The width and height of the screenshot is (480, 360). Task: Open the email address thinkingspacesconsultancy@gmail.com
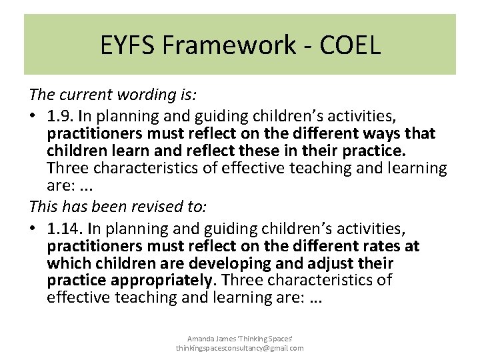pyautogui.click(x=240, y=348)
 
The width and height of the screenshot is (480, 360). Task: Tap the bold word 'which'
pyautogui.click(x=70, y=263)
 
